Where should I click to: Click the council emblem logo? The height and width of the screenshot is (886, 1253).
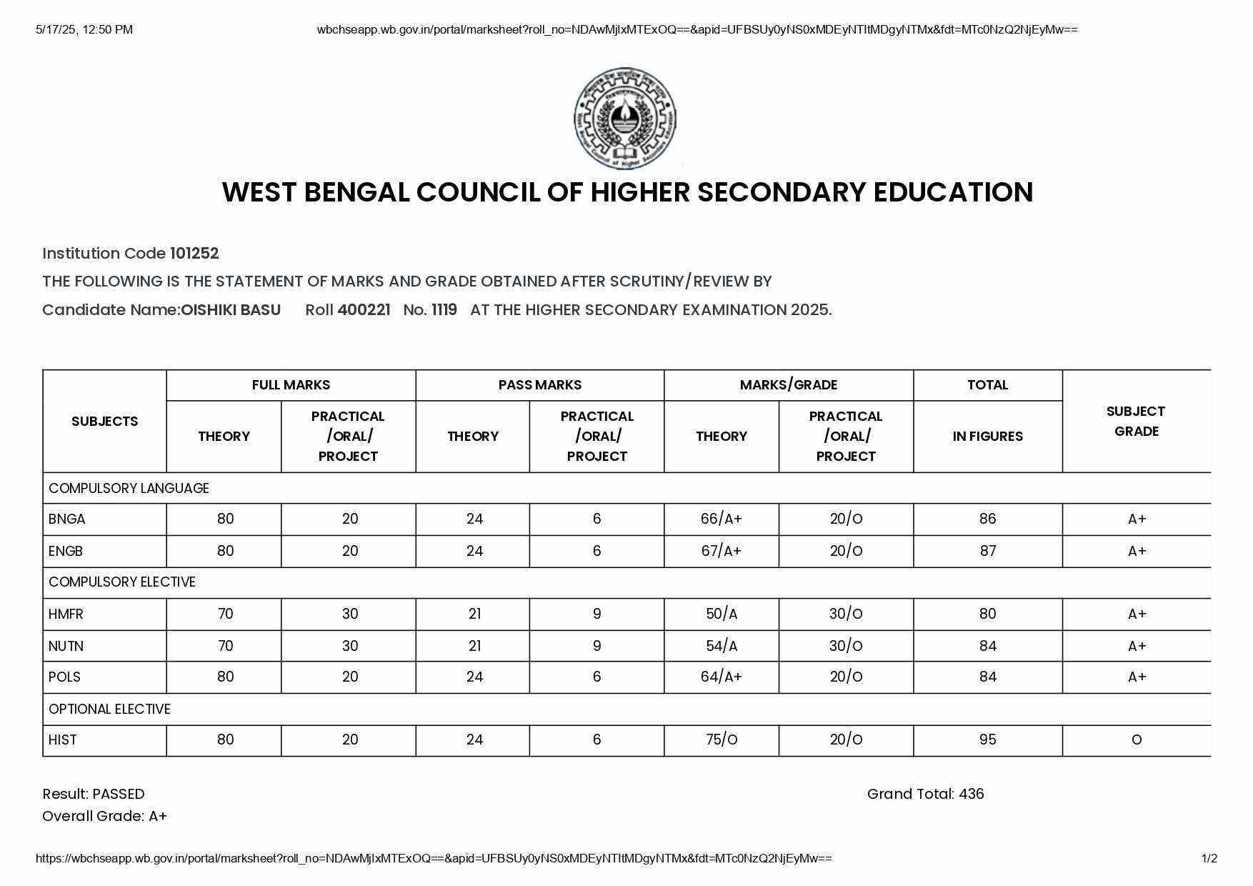(x=625, y=119)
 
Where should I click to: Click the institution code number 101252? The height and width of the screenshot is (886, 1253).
(x=194, y=254)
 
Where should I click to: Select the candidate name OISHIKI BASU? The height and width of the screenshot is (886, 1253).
(x=231, y=310)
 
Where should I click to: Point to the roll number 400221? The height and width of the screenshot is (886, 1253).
(x=364, y=310)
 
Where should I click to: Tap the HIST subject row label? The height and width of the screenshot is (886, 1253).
(x=63, y=740)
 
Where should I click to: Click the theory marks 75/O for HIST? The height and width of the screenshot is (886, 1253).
(x=722, y=740)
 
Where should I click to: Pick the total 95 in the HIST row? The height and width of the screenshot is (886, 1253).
(x=987, y=740)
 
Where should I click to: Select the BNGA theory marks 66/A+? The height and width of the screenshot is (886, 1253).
(x=722, y=519)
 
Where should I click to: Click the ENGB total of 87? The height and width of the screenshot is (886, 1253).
(x=987, y=551)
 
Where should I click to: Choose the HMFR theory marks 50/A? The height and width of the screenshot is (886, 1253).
(x=722, y=614)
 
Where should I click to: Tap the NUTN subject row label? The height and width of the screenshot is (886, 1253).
(x=66, y=647)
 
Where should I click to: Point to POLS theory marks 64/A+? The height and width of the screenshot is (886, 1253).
(x=722, y=677)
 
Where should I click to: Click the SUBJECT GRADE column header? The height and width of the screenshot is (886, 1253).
(x=1136, y=422)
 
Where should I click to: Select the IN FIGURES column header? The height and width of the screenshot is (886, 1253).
(x=987, y=437)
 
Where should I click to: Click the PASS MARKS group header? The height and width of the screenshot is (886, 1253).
(x=540, y=385)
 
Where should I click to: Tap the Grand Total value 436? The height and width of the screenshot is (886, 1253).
(x=971, y=795)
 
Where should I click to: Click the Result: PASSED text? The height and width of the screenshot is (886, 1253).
(x=94, y=795)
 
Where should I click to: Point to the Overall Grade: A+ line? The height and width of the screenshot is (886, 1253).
(x=104, y=817)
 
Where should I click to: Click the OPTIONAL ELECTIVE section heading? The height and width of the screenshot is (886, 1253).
(x=110, y=710)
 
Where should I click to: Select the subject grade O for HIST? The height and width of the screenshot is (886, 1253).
(x=1136, y=740)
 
